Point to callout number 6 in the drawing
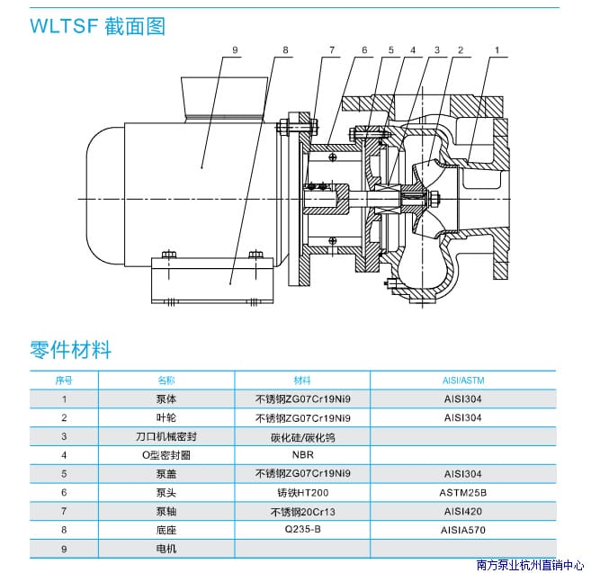(364, 51)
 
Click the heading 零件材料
(70, 349)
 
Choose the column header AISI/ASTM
(463, 381)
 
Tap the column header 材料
(301, 381)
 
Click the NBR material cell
(301, 454)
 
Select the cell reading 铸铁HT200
(301, 492)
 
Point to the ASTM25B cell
(463, 492)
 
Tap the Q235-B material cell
(301, 529)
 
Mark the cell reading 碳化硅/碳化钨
(301, 436)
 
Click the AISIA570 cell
(463, 529)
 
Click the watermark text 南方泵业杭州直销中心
(530, 565)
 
